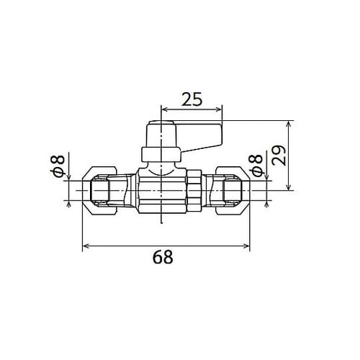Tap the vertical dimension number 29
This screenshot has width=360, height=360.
[x=280, y=155]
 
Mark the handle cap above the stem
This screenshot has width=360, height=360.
[x=161, y=134]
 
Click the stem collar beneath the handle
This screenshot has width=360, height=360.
[x=161, y=153]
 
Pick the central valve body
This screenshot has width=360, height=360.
[x=160, y=191]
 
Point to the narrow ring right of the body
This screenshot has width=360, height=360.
[x=194, y=191]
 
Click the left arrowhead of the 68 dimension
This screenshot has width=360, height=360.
[x=86, y=246]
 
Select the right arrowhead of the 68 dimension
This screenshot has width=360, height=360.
[x=248, y=246]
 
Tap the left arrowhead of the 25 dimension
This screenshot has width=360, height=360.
[x=163, y=110]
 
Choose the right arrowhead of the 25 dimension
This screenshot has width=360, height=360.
[x=220, y=110]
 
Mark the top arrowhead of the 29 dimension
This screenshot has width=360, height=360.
[x=289, y=122]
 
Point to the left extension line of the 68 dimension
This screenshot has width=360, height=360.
[x=84, y=230]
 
